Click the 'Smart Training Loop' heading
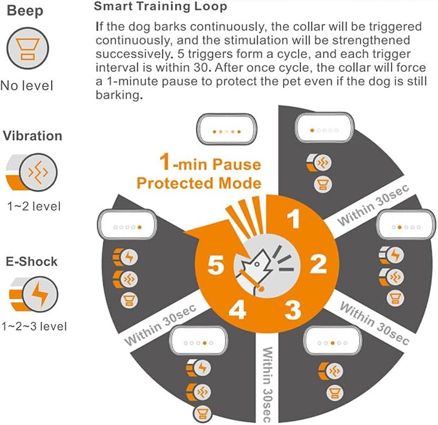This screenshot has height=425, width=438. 161,6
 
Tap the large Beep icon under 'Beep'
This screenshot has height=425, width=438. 28,48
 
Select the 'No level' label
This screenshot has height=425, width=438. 27,85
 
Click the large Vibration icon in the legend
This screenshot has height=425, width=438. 32,172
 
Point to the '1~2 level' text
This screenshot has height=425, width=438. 34,207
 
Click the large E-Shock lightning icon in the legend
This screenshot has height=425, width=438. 34,294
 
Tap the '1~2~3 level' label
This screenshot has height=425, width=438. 34,326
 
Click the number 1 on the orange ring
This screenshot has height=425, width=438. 294,219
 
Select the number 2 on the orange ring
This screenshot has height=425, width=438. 319,264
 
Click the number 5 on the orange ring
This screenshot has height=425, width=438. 215,265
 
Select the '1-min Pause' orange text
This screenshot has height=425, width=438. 210,163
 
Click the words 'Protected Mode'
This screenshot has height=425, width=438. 199,183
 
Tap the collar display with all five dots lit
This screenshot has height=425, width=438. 226,129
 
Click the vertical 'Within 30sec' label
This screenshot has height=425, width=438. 267,385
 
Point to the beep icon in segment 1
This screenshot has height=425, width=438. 323,184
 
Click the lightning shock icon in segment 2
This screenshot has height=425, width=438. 392,255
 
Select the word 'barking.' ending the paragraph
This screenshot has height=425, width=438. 119,95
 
